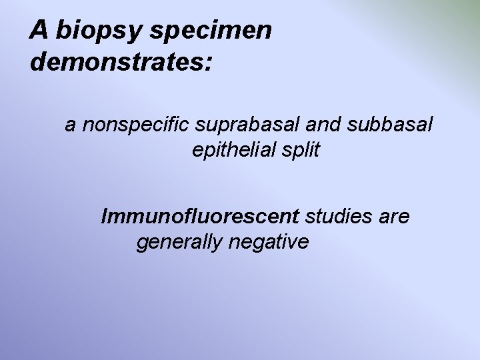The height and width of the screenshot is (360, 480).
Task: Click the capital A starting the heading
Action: pyautogui.click(x=39, y=30)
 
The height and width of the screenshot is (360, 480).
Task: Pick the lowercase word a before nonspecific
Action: pyautogui.click(x=70, y=125)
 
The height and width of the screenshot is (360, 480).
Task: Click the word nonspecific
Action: pyautogui.click(x=135, y=124)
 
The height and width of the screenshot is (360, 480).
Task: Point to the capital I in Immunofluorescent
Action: pyautogui.click(x=104, y=217)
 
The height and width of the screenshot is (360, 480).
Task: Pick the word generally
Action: pyautogui.click(x=179, y=243)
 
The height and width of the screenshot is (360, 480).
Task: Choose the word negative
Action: pyautogui.click(x=269, y=243)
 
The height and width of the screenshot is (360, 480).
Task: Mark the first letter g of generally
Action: pyautogui.click(x=142, y=245)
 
